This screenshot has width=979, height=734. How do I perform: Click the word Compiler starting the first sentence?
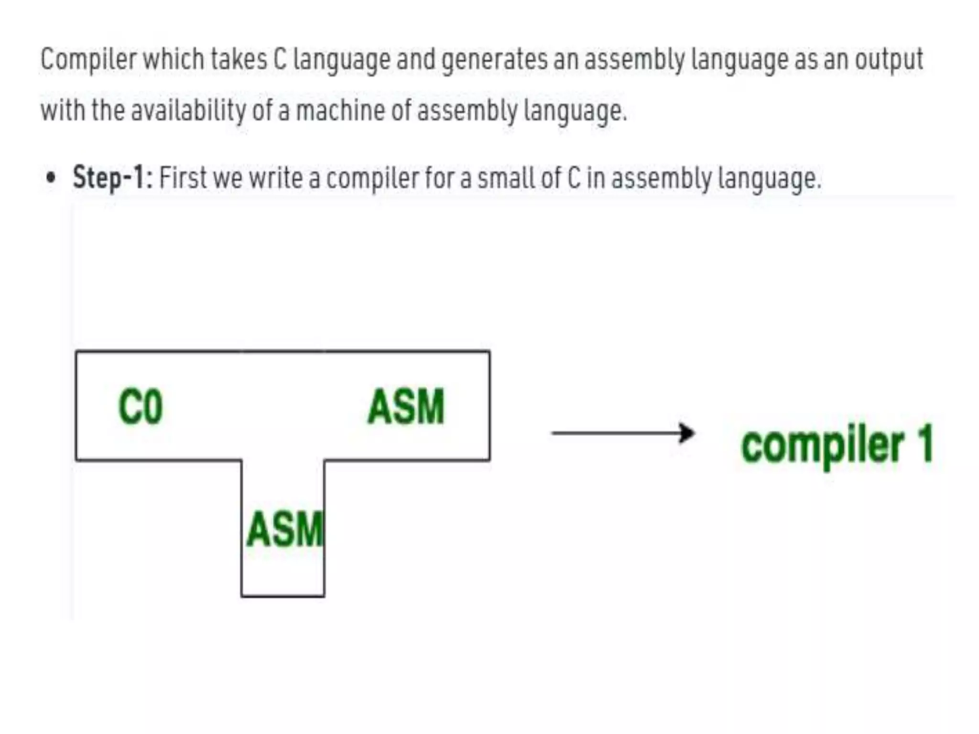click(x=88, y=60)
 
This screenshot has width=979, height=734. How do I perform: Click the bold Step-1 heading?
click(x=112, y=178)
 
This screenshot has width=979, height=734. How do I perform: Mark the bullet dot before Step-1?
click(x=50, y=178)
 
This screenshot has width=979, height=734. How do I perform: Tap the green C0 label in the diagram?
click(x=141, y=407)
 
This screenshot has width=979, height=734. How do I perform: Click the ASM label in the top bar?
click(x=406, y=407)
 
